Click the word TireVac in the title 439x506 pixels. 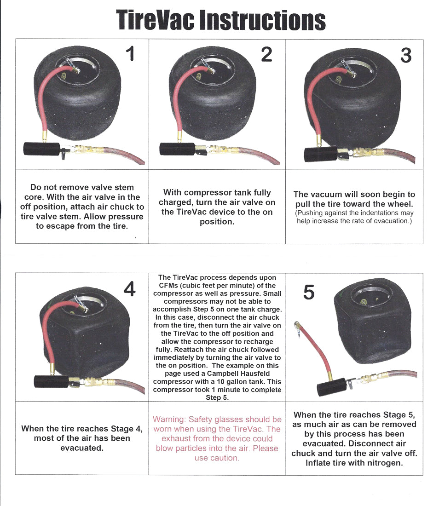tap(156, 21)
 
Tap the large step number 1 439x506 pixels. tap(130, 54)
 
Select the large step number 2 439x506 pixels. tap(266, 54)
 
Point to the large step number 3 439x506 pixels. tap(405, 55)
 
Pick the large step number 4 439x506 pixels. tap(130, 289)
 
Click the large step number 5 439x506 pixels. tap(309, 292)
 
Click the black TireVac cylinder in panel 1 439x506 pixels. tap(41, 149)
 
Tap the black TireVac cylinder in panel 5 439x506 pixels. tap(331, 386)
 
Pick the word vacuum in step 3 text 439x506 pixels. tap(328, 195)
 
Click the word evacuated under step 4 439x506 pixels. tap(81, 448)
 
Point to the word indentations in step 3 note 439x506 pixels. tap(375, 213)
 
